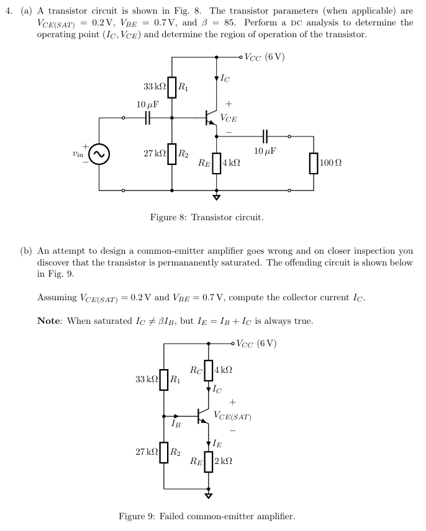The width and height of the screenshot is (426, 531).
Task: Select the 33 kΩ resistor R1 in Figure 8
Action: [x=172, y=87]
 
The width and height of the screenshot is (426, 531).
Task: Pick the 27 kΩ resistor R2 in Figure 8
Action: [x=172, y=153]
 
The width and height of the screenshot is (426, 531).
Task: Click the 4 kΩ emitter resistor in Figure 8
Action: [x=216, y=163]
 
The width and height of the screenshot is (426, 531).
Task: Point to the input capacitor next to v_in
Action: [x=148, y=117]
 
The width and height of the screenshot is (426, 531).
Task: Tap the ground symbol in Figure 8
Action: [x=216, y=198]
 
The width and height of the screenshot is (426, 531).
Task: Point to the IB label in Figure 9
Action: [x=176, y=424]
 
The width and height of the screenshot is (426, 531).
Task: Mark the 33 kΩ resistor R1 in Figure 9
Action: [x=164, y=378]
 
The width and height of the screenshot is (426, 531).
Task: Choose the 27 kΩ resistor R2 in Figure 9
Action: [x=164, y=451]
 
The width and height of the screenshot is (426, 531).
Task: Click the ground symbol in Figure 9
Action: [x=209, y=496]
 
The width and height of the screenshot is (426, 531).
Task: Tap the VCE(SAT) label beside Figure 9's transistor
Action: [x=232, y=415]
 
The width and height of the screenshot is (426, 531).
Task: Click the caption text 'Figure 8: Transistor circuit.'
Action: [x=207, y=218]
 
